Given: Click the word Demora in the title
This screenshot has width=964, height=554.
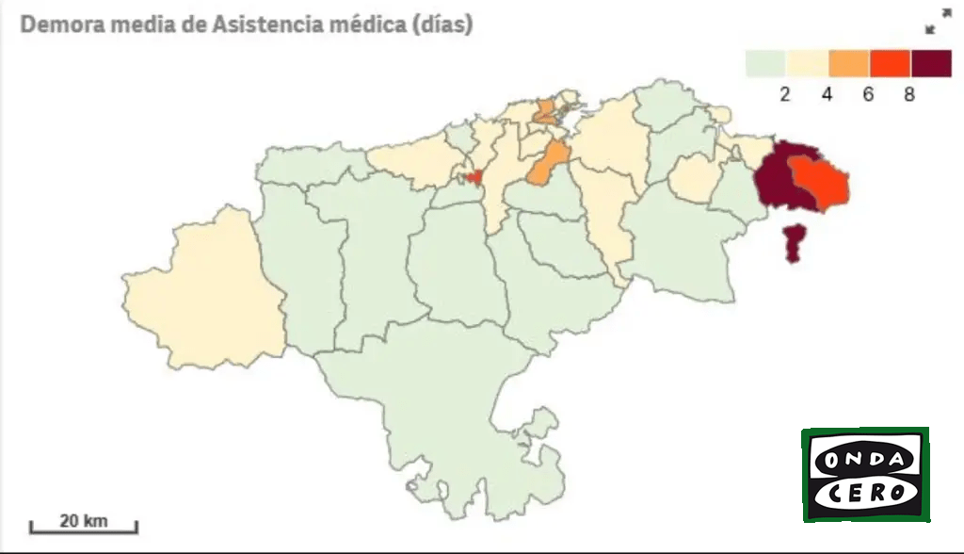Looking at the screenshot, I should [x=60, y=24].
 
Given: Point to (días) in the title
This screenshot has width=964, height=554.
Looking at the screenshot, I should [x=442, y=24].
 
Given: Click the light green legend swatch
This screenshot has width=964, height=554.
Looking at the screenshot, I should [x=766, y=63].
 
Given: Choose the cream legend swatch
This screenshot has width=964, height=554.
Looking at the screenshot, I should [x=808, y=63].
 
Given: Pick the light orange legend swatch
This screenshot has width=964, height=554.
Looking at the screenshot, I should [x=849, y=63].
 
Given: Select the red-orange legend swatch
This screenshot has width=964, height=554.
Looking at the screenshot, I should [x=891, y=63].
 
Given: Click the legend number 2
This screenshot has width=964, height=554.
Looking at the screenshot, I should [x=785, y=94].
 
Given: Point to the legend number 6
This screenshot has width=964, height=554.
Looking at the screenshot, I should [x=868, y=94].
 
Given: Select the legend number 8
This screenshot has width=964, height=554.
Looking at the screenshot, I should [x=909, y=94].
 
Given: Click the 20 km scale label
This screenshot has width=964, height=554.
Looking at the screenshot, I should [x=83, y=520].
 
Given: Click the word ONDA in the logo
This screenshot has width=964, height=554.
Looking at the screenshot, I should [x=865, y=461].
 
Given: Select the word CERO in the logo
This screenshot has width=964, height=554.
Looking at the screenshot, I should [x=865, y=493].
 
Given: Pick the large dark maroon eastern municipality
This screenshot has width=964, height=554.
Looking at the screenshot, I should [x=778, y=179].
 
